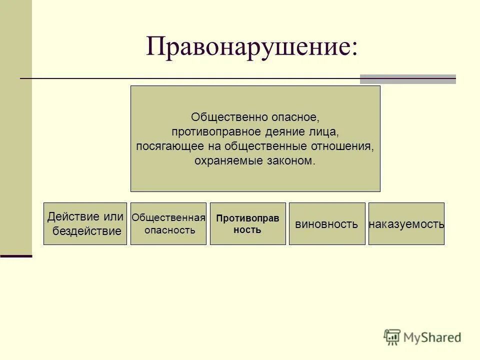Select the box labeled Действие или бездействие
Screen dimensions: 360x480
tap(85, 223)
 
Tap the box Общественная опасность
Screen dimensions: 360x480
tap(168, 223)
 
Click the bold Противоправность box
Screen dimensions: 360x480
tap(247, 223)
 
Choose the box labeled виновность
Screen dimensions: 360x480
tap(326, 224)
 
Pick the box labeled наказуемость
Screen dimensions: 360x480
tap(406, 224)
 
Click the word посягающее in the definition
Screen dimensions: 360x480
tap(166, 146)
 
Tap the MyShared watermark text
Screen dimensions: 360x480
tap(432, 337)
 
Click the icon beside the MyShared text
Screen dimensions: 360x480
tap(392, 337)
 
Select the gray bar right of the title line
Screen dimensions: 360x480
tap(407, 79)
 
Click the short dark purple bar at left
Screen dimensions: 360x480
tap(16, 256)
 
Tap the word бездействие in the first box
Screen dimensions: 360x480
tap(87, 231)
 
